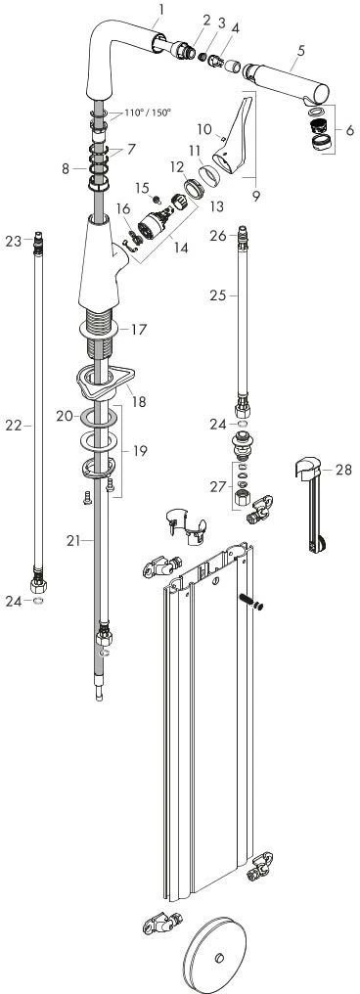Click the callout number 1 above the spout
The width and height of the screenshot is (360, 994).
(x=161, y=9)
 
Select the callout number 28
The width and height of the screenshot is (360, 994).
(x=343, y=470)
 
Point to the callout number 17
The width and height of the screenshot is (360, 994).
(x=139, y=329)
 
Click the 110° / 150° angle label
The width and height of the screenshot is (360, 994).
(x=148, y=113)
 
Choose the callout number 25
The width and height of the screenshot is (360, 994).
(x=219, y=294)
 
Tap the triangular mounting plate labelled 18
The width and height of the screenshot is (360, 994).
(x=105, y=383)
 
